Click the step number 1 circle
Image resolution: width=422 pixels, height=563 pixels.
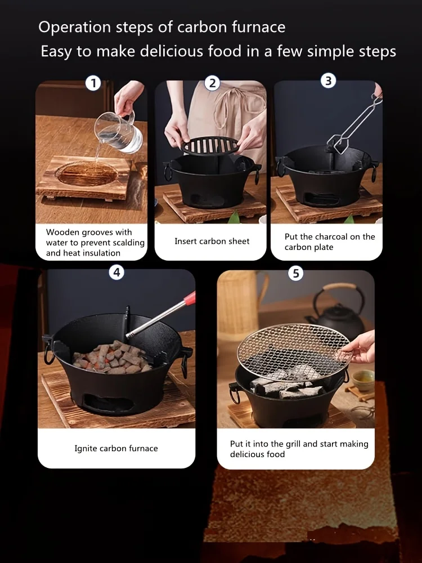tap(93, 84)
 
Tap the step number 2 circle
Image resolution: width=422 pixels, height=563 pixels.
tap(212, 83)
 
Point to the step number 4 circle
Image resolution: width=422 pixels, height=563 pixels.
tap(116, 272)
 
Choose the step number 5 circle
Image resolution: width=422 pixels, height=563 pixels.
tap(295, 274)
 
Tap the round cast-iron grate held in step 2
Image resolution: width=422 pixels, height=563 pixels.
tap(209, 145)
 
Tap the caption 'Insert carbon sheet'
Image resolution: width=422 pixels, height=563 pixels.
tap(212, 241)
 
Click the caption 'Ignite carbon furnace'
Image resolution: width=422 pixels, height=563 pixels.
tap(116, 448)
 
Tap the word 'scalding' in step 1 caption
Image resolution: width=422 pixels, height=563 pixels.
tap(127, 243)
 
